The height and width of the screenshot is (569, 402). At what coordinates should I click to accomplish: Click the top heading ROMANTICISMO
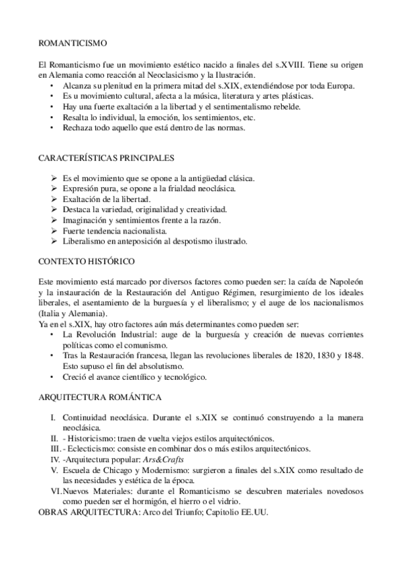click(73, 43)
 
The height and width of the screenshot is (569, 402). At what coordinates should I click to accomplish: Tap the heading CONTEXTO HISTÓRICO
click(82, 260)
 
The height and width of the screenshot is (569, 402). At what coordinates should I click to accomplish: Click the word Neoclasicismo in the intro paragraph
click(175, 75)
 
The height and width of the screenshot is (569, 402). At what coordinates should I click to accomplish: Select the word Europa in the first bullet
click(340, 86)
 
